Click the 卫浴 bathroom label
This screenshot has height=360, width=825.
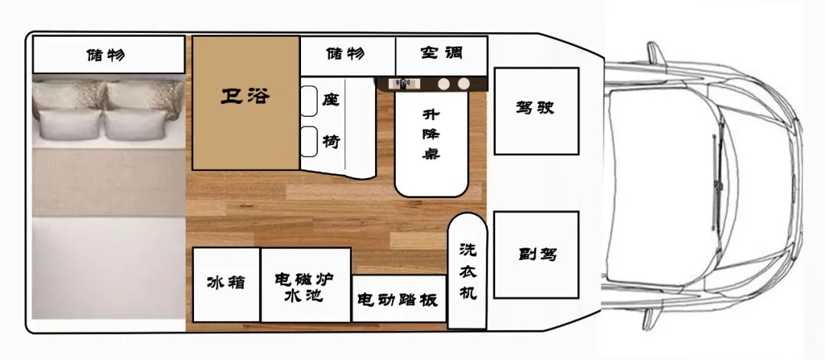(244, 98)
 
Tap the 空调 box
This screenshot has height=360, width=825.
(441, 55)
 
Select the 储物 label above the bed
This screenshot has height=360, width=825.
(107, 55)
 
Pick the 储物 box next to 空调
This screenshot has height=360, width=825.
(347, 55)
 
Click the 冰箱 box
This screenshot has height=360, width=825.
(226, 284)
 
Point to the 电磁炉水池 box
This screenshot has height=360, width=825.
(306, 284)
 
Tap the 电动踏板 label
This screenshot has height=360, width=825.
(398, 299)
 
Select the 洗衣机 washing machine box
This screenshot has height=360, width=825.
(467, 271)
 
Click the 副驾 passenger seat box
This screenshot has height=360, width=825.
(535, 255)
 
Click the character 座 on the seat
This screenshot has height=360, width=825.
(330, 100)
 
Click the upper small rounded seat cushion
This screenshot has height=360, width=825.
(309, 101)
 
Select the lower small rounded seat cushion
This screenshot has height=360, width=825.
(309, 141)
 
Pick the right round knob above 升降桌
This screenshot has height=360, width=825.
(463, 83)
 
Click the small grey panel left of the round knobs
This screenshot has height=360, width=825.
(402, 83)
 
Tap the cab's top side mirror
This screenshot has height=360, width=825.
(655, 54)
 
